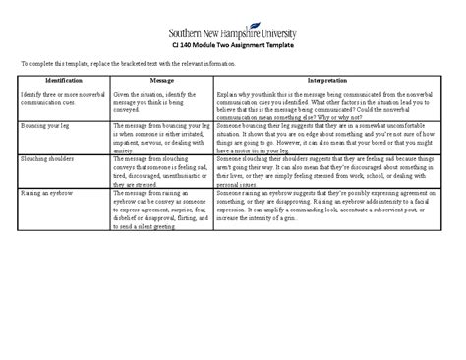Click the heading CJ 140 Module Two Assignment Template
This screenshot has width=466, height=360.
coord(234,44)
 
